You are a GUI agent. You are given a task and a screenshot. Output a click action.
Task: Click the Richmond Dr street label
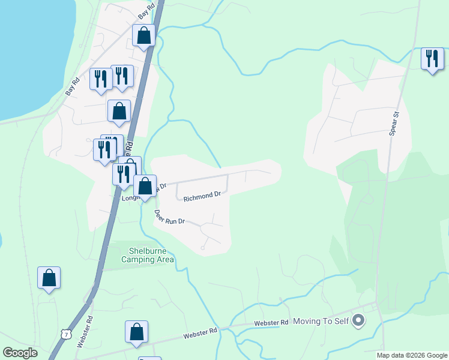click(x=202, y=196)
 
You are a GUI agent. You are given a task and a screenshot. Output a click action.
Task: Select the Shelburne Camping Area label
click(x=148, y=255)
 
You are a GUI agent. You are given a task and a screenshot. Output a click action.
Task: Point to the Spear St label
click(x=394, y=123)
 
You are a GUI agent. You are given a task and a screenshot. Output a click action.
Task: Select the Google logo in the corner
click(x=20, y=353)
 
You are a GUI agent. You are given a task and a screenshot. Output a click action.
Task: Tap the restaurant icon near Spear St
click(x=432, y=59)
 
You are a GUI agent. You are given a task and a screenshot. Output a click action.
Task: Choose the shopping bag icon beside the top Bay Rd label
click(x=144, y=36)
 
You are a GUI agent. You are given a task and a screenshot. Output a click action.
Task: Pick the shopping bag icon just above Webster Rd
click(x=136, y=332)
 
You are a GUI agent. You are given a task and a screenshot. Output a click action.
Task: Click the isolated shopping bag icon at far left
click(x=49, y=278)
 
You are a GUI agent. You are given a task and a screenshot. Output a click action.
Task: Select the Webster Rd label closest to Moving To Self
click(x=271, y=323)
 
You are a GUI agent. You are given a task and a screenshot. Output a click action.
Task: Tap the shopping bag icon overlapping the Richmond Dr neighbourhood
click(x=145, y=186)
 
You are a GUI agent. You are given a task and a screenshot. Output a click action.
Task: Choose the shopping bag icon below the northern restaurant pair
click(x=119, y=111)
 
